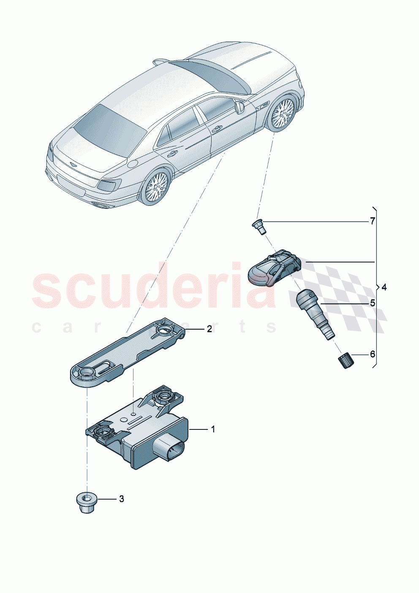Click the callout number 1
coord(213,429)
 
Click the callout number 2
coord(209,329)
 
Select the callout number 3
coord(121,499)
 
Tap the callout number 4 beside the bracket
coord(384,287)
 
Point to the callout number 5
coord(373,303)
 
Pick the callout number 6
coord(373,354)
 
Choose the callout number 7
coord(373,221)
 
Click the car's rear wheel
coord(155,187)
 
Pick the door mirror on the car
coord(240,108)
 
